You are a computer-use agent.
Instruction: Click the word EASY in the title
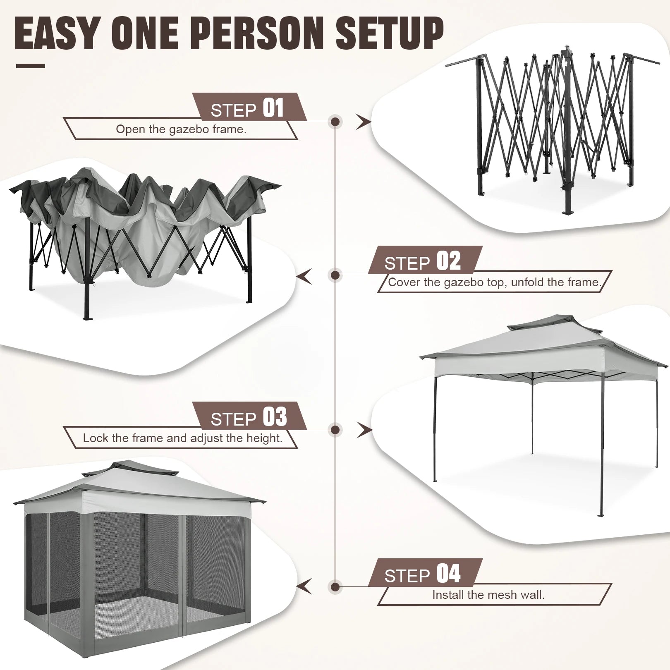pyautogui.click(x=58, y=33)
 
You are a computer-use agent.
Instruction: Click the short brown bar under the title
pyautogui.click(x=31, y=66)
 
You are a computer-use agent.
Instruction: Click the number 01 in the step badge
pyautogui.click(x=273, y=108)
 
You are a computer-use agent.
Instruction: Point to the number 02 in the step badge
pyautogui.click(x=448, y=261)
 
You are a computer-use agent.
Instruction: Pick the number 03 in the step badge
pyautogui.click(x=275, y=417)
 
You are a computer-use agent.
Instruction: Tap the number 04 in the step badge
pyautogui.click(x=448, y=574)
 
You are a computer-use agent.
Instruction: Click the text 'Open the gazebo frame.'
pyautogui.click(x=181, y=129)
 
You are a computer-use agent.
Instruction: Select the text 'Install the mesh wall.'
pyautogui.click(x=488, y=595)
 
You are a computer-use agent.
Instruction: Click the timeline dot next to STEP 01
pyautogui.click(x=335, y=122)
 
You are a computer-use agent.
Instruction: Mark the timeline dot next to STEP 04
pyautogui.click(x=335, y=586)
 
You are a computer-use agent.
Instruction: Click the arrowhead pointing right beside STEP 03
pyautogui.click(x=364, y=430)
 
